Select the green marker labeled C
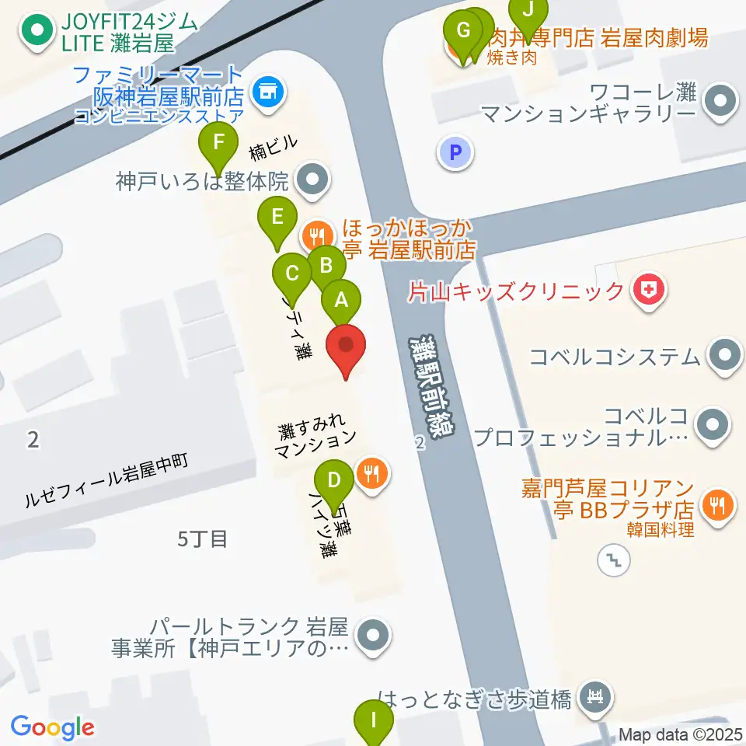pyautogui.click(x=293, y=274)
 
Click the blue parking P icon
pyautogui.click(x=455, y=152)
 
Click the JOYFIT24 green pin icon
pyautogui.click(x=36, y=32)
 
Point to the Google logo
pyautogui.click(x=53, y=727)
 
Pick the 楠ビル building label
pyautogui.click(x=273, y=145)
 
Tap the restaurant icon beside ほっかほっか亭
pyautogui.click(x=315, y=232)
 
